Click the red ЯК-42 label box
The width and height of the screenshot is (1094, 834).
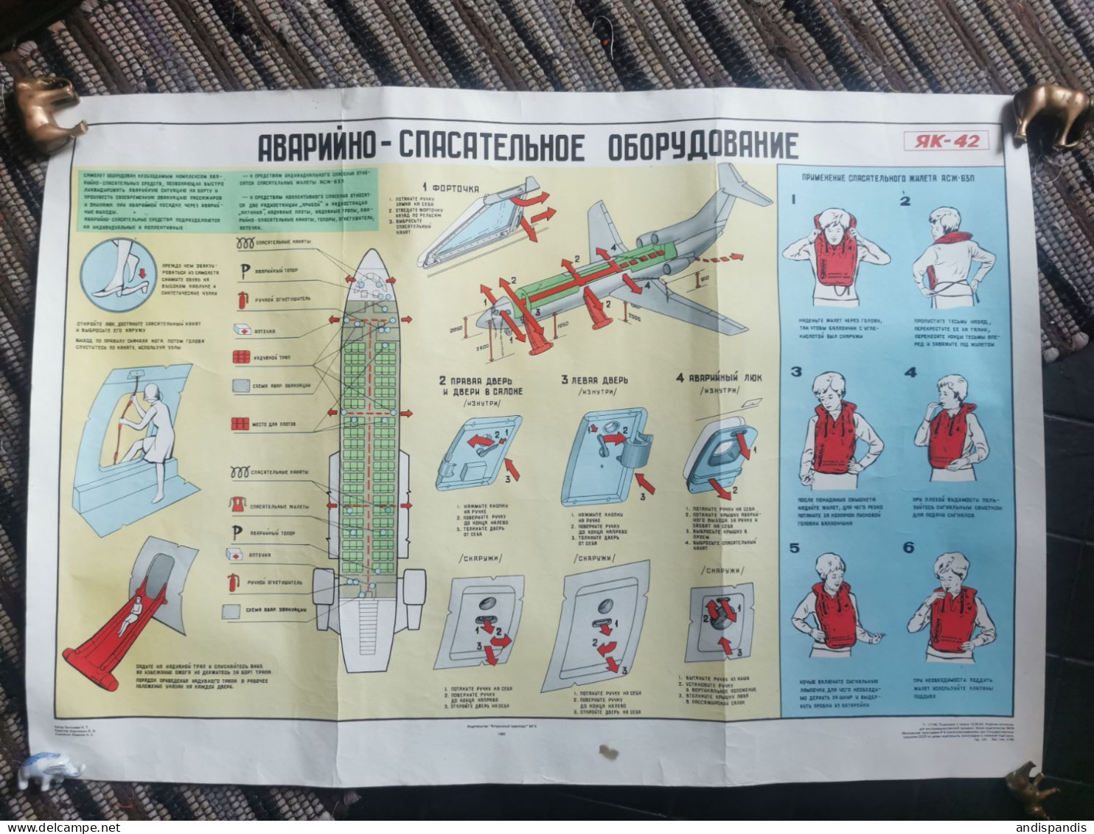coord(947,140)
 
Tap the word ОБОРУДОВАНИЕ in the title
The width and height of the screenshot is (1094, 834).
coord(703,146)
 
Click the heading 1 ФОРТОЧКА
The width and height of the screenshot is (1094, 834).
coord(451,188)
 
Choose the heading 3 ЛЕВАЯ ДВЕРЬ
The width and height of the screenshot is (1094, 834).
coord(594,380)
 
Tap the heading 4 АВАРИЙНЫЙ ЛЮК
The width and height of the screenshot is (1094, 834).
coord(719,378)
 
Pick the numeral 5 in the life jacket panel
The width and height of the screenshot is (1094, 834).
coord(795,548)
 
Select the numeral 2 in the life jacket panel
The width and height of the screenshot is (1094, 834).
coord(905,201)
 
